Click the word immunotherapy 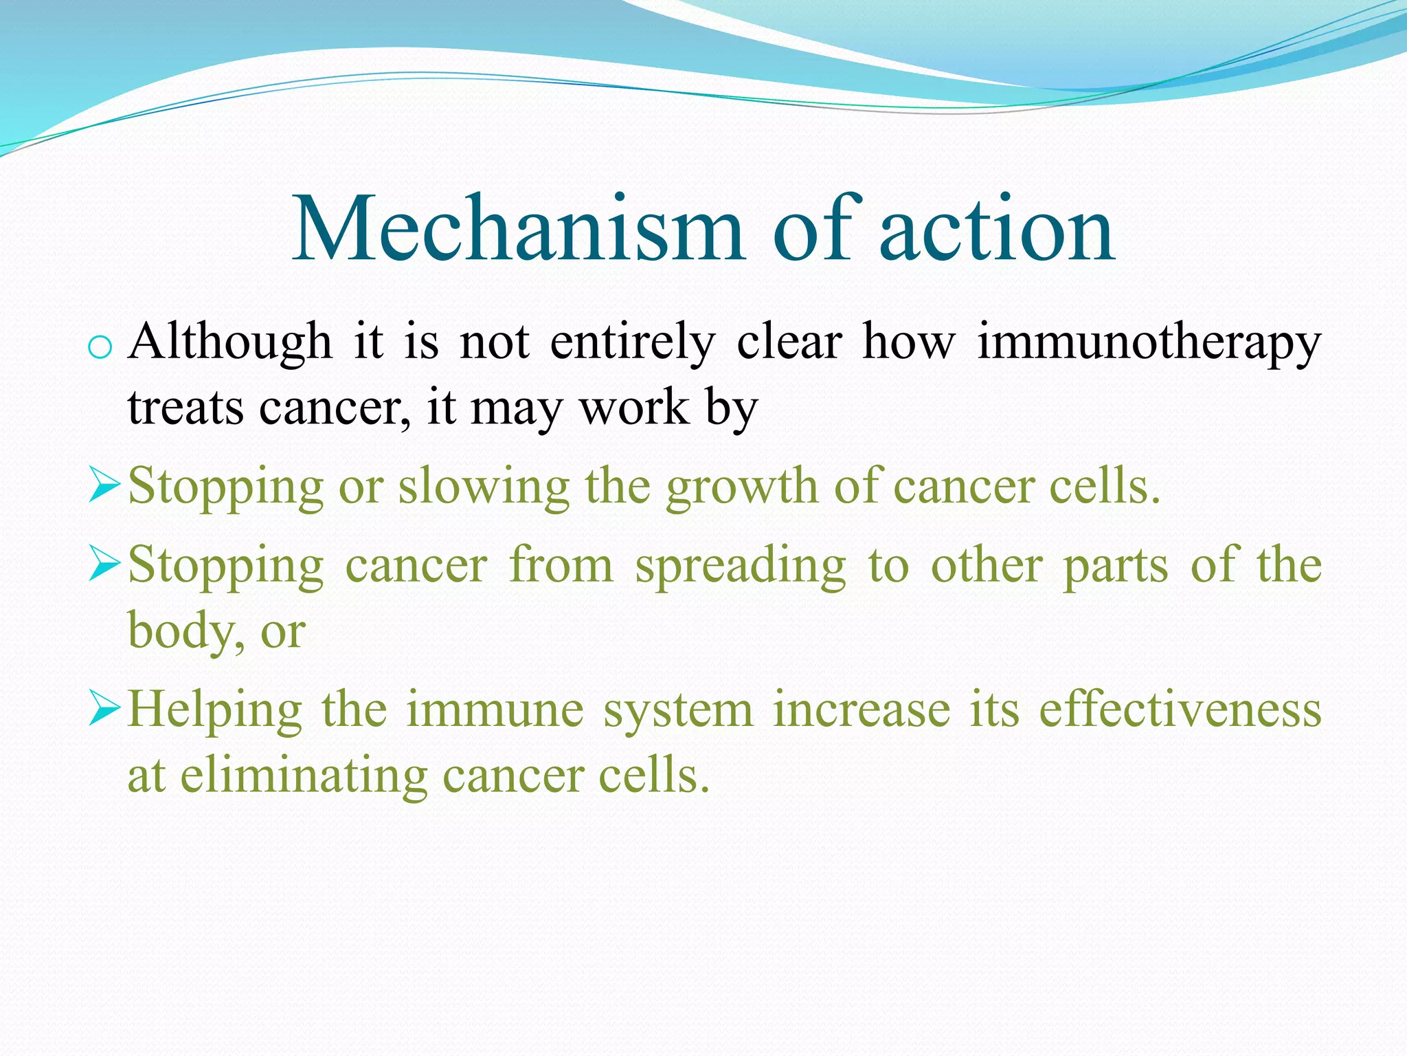pyautogui.click(x=1149, y=342)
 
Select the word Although pyautogui.click(x=230, y=341)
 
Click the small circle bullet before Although pyautogui.click(x=100, y=348)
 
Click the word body pyautogui.click(x=181, y=631)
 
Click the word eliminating pyautogui.click(x=304, y=775)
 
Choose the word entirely pyautogui.click(x=632, y=342)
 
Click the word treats pyautogui.click(x=185, y=407)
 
